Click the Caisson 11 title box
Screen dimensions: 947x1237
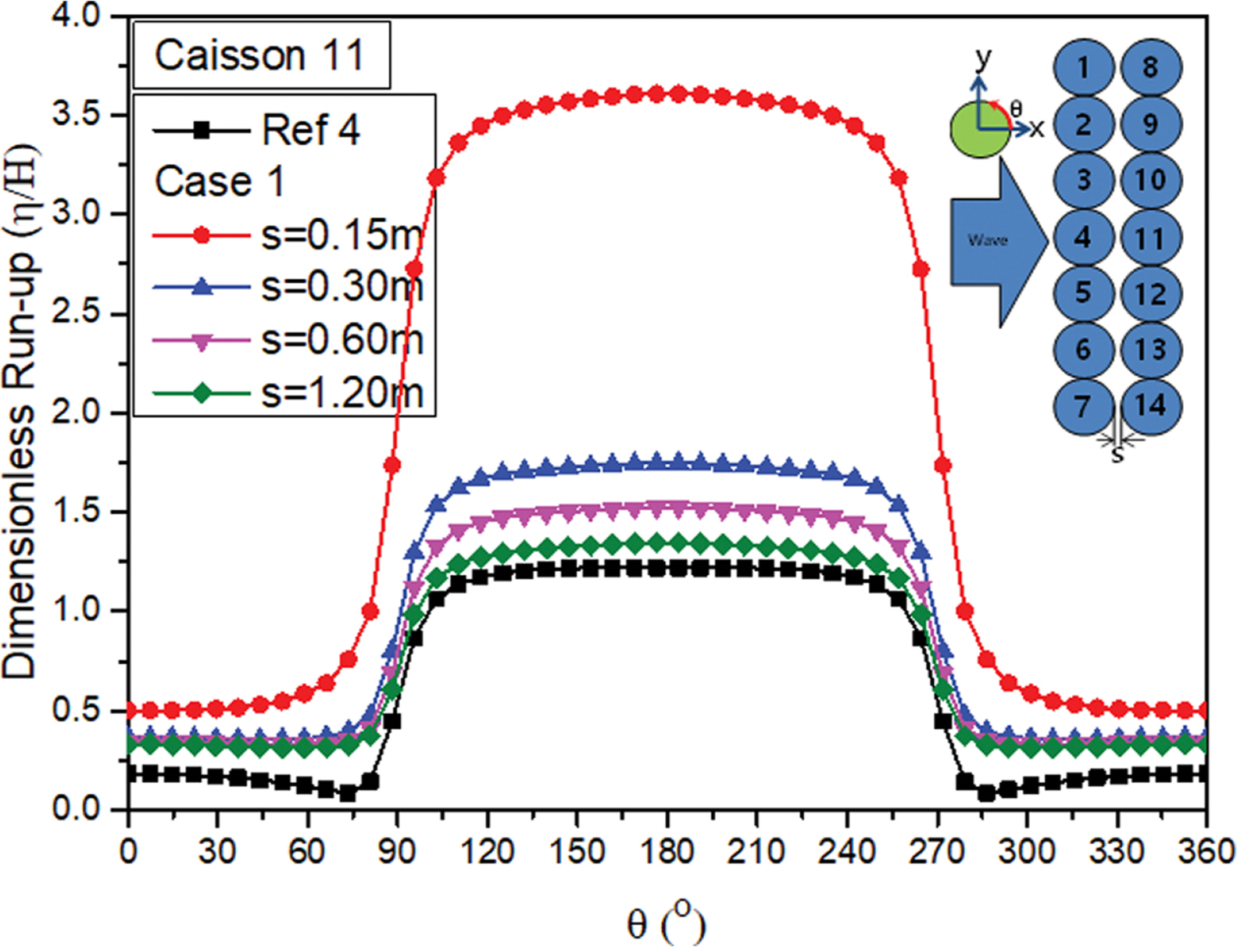(x=261, y=55)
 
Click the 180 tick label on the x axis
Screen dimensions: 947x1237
(x=667, y=851)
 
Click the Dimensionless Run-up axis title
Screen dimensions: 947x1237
(x=19, y=411)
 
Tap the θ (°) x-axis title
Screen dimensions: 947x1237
(x=666, y=923)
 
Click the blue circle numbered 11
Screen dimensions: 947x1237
(x=1150, y=238)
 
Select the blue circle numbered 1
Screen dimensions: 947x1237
(x=1083, y=67)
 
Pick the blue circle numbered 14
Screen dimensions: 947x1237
(x=1150, y=406)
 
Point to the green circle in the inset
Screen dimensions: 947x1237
(x=978, y=130)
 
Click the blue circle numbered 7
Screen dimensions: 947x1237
(x=1083, y=406)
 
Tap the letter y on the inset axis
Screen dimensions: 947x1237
(x=983, y=58)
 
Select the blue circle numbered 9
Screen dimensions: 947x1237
(x=1150, y=123)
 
